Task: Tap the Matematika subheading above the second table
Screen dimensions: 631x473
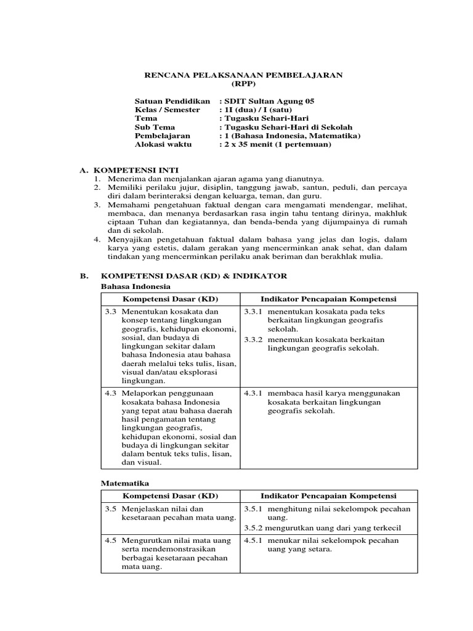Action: [x=125, y=484]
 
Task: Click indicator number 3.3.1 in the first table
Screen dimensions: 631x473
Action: [x=253, y=312]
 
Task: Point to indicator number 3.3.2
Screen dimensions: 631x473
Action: [x=253, y=340]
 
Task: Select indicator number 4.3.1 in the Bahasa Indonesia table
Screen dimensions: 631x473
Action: [x=253, y=393]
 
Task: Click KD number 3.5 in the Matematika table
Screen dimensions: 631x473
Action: [x=111, y=509]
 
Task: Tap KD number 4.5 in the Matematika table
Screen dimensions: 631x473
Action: [x=111, y=540]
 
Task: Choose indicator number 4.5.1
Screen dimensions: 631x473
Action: [x=253, y=540]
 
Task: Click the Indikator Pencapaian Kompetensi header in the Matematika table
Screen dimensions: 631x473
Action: [x=328, y=496]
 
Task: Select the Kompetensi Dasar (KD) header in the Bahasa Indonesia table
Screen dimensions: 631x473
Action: [x=171, y=299]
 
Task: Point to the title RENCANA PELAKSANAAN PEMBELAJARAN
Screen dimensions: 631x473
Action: [x=243, y=75]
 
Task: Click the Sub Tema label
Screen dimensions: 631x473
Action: [x=155, y=127]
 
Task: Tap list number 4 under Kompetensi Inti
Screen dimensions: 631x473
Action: [x=96, y=239]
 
